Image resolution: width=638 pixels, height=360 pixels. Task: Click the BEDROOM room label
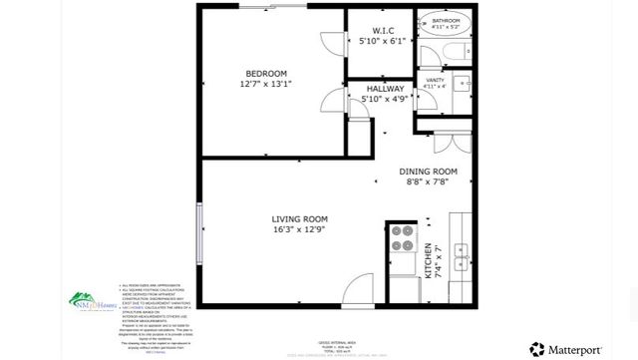267,74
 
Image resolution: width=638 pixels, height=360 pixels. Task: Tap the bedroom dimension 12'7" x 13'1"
267,85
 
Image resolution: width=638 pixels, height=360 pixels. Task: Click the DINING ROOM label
429,171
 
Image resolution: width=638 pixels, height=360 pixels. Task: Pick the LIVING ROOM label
300,218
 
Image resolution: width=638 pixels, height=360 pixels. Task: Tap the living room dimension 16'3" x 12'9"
300,229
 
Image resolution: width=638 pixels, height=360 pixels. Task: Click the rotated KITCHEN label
430,261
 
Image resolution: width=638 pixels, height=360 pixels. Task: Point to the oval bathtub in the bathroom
447,21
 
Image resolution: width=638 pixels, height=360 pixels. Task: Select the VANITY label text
435,79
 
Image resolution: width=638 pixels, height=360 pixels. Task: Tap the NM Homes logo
85,299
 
